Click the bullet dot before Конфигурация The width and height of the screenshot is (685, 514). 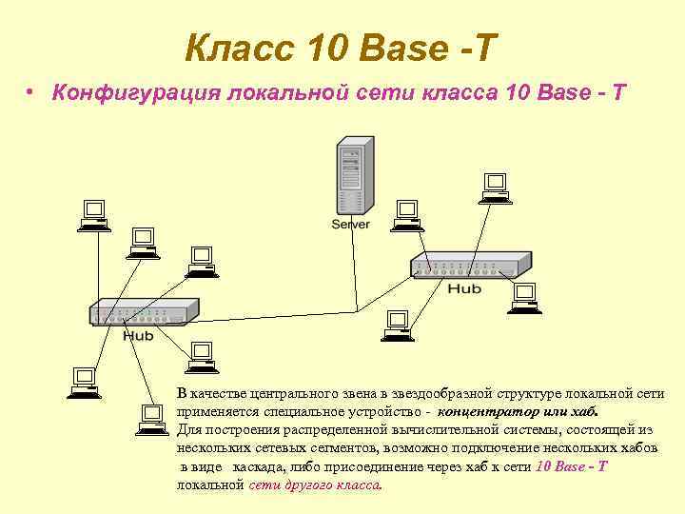(x=31, y=92)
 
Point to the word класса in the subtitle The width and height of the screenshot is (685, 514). (x=456, y=92)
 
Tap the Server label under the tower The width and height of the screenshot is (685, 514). (x=350, y=225)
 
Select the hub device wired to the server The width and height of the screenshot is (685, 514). (x=470, y=267)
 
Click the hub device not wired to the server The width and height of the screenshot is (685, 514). (x=145, y=311)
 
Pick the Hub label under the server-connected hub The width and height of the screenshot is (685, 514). (x=464, y=288)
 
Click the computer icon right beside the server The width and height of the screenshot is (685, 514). (x=406, y=213)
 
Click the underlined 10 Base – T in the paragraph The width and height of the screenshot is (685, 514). (x=572, y=466)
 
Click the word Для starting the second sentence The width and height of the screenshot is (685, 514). (x=187, y=431)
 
